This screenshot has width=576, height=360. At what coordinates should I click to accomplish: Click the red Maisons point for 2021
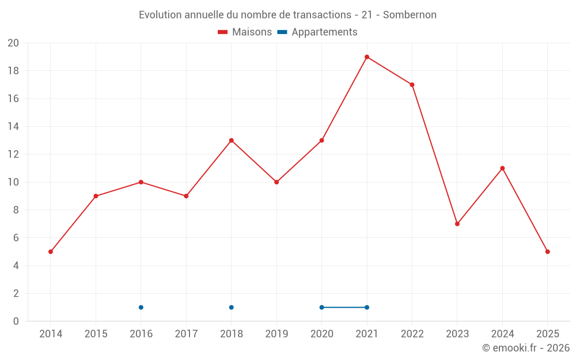(367, 57)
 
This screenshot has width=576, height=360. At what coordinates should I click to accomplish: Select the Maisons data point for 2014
(51, 252)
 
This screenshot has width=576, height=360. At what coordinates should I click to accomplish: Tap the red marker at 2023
(457, 224)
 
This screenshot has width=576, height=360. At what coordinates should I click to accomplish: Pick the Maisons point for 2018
(232, 141)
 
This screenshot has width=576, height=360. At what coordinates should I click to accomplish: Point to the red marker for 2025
(548, 252)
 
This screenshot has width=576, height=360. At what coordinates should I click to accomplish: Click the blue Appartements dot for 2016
(141, 308)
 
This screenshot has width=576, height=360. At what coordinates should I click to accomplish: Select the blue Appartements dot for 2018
(232, 308)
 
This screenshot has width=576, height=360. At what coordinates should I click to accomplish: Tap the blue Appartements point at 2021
(367, 308)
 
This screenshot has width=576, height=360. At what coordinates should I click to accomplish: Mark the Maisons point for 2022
(412, 85)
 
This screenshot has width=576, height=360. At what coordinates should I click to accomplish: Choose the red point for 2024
(502, 168)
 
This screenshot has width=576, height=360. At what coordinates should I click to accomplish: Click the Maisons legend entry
(245, 32)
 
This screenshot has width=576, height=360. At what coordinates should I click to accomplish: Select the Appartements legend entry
(317, 32)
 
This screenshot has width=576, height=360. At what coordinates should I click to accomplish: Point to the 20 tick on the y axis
(13, 43)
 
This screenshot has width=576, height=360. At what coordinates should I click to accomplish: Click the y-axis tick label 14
(13, 127)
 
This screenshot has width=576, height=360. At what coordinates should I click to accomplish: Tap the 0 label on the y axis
(16, 321)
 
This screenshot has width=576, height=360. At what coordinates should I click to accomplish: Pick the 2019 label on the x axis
(276, 334)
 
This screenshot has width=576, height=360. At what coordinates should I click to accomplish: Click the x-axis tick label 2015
(96, 334)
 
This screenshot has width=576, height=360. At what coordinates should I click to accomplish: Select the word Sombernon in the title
(410, 15)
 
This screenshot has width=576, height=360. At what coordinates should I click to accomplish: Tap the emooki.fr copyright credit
(526, 348)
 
